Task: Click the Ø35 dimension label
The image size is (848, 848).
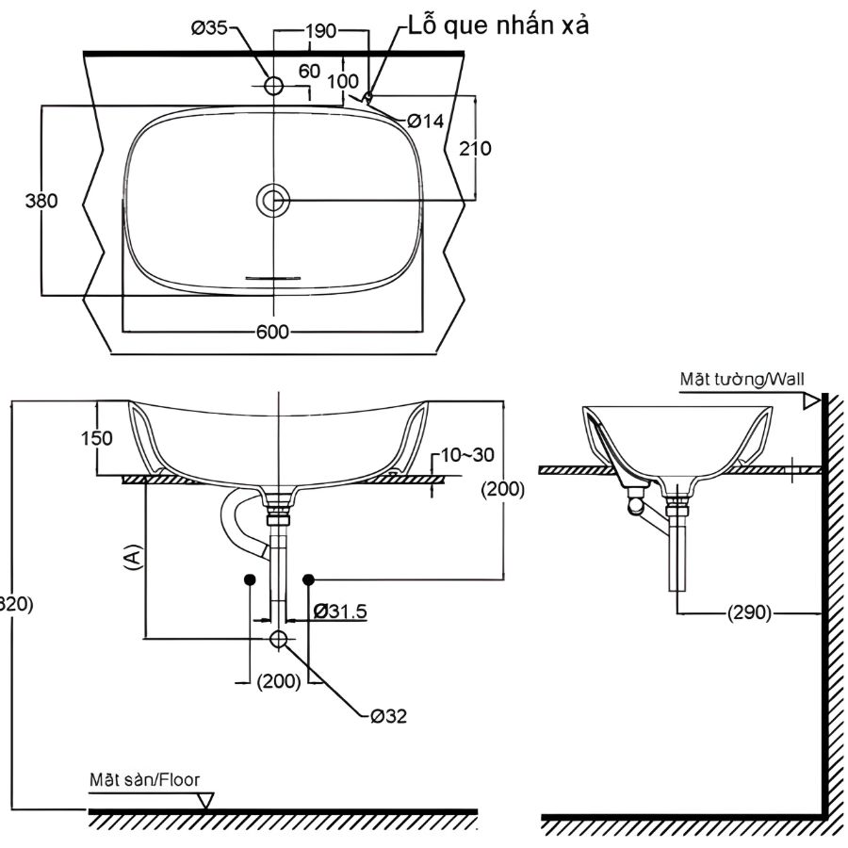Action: click(209, 29)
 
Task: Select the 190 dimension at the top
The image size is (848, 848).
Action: click(321, 31)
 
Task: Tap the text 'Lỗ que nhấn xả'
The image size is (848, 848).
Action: click(498, 25)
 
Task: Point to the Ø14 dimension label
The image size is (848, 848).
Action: click(426, 121)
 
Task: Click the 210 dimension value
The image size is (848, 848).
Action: click(474, 148)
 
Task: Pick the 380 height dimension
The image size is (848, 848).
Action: click(42, 201)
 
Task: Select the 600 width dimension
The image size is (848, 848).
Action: click(274, 332)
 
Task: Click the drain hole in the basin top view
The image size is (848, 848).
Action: click(274, 200)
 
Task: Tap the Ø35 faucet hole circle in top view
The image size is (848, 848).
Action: click(274, 86)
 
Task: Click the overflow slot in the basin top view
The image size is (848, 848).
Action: click(273, 278)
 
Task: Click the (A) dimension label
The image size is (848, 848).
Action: click(133, 556)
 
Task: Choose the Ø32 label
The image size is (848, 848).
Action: click(388, 716)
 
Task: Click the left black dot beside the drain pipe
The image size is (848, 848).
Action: click(250, 578)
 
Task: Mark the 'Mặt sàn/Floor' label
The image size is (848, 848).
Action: click(144, 780)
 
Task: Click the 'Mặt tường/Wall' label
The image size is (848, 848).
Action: click(742, 379)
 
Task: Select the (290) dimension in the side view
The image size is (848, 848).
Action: click(749, 613)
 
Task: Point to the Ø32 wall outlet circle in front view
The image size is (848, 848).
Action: click(279, 640)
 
